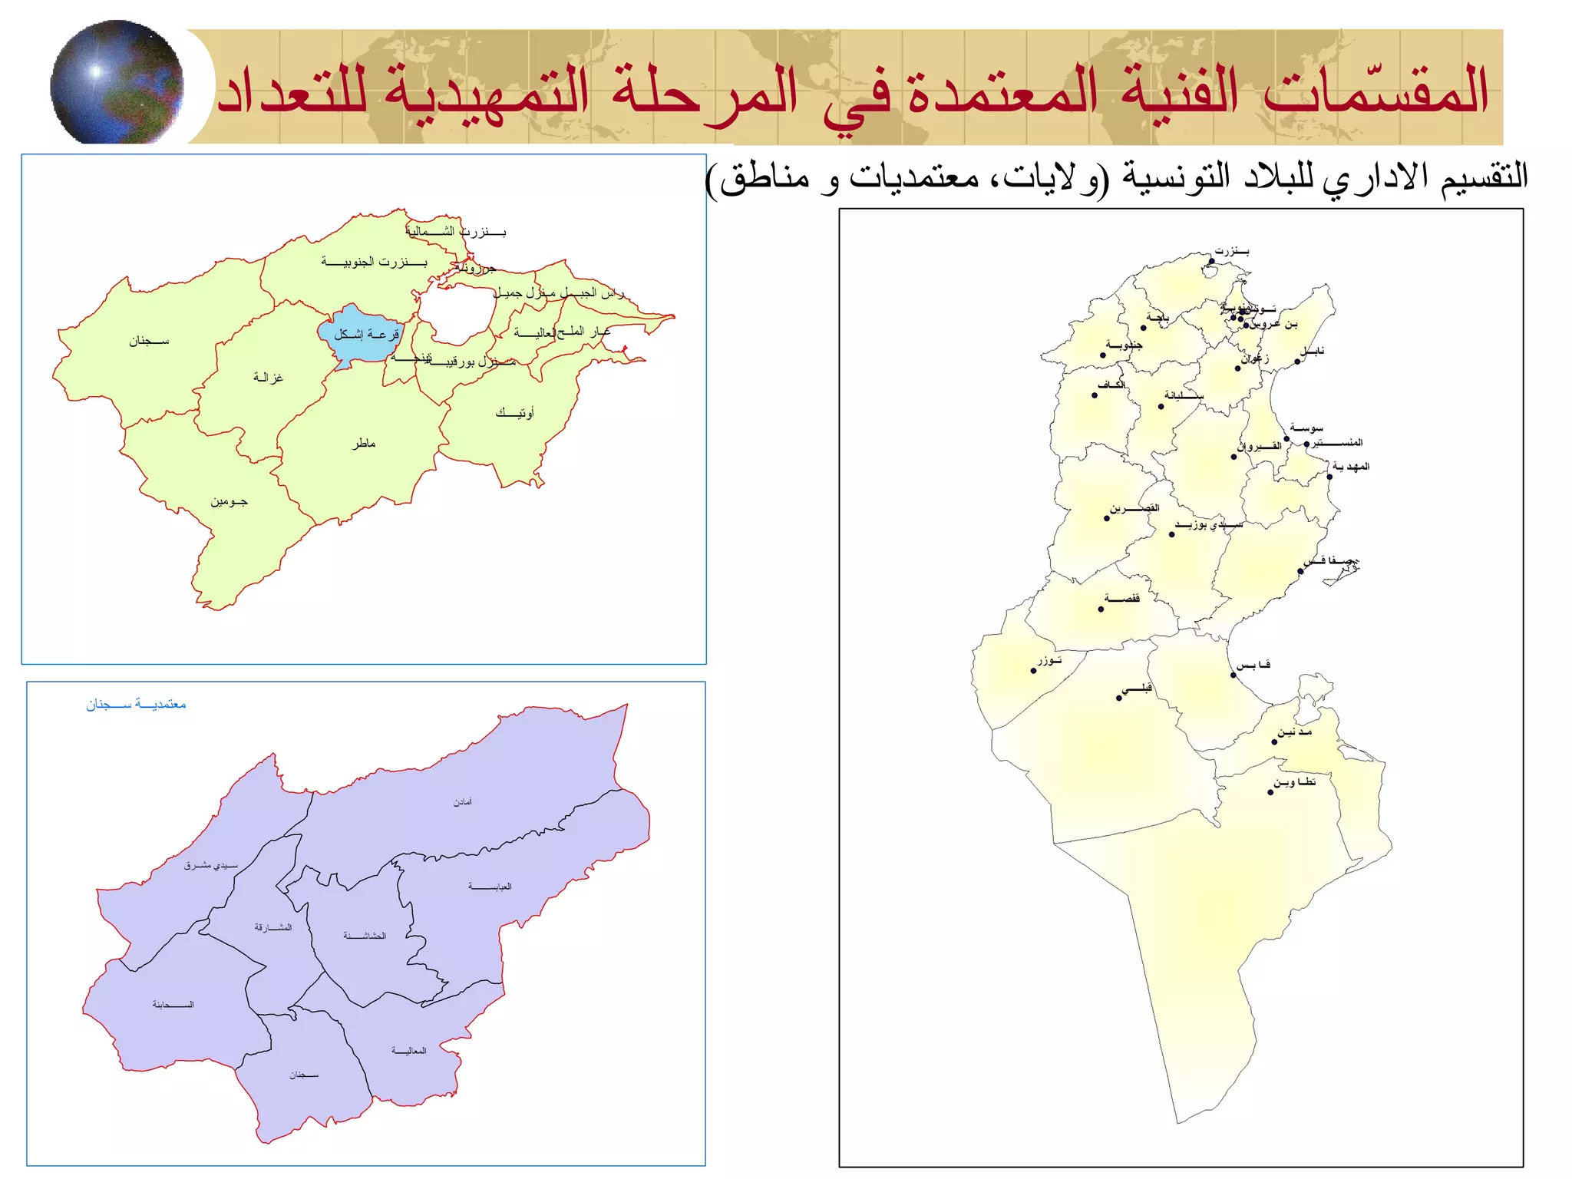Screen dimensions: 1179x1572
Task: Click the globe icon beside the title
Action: pyautogui.click(x=117, y=83)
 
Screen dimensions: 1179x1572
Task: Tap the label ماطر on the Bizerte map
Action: pyautogui.click(x=364, y=444)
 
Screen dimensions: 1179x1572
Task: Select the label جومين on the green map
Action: pyautogui.click(x=229, y=502)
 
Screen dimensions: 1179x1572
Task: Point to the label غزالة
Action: pyautogui.click(x=268, y=377)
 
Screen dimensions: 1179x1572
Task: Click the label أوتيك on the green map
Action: pyautogui.click(x=514, y=413)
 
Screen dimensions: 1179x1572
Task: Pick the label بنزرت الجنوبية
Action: pyautogui.click(x=374, y=263)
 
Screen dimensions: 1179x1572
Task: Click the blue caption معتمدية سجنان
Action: pyautogui.click(x=136, y=705)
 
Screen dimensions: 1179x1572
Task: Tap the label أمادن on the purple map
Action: pyautogui.click(x=462, y=802)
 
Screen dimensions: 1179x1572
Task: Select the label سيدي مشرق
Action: pyautogui.click(x=210, y=866)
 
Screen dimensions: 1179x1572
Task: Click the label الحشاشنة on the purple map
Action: pyautogui.click(x=365, y=936)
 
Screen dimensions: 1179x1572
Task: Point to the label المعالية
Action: pyautogui.click(x=408, y=1051)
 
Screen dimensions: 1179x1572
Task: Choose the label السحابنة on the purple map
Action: pyautogui.click(x=173, y=1005)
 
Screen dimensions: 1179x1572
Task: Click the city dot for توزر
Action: pyautogui.click(x=1033, y=671)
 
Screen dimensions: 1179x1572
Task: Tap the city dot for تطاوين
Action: pyautogui.click(x=1270, y=792)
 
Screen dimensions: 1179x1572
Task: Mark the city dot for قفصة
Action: pyautogui.click(x=1101, y=609)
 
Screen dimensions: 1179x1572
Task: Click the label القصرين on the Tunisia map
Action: pyautogui.click(x=1134, y=508)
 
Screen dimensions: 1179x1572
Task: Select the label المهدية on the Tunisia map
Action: pyautogui.click(x=1351, y=467)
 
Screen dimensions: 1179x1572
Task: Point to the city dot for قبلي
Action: pyautogui.click(x=1118, y=698)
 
